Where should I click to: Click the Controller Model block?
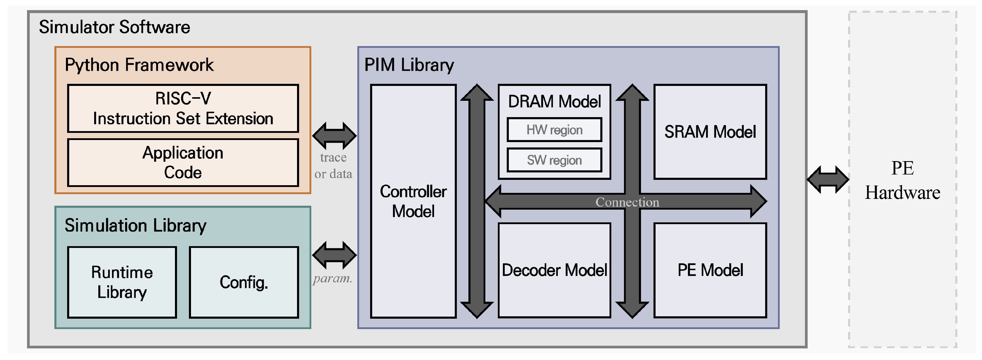click(413, 201)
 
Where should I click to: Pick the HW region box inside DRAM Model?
click(554, 130)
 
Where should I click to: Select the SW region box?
click(554, 160)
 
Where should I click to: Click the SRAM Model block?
click(710, 132)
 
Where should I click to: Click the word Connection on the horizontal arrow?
click(627, 202)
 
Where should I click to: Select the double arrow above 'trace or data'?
click(334, 136)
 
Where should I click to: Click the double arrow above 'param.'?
click(334, 255)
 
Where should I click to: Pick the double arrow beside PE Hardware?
click(828, 179)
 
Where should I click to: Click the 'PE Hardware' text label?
click(902, 181)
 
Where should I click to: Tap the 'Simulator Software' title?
click(114, 27)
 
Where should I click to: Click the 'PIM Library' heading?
click(409, 65)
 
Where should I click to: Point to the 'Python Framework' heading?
click(139, 65)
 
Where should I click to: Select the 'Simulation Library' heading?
click(135, 226)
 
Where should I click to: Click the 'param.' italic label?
click(332, 278)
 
